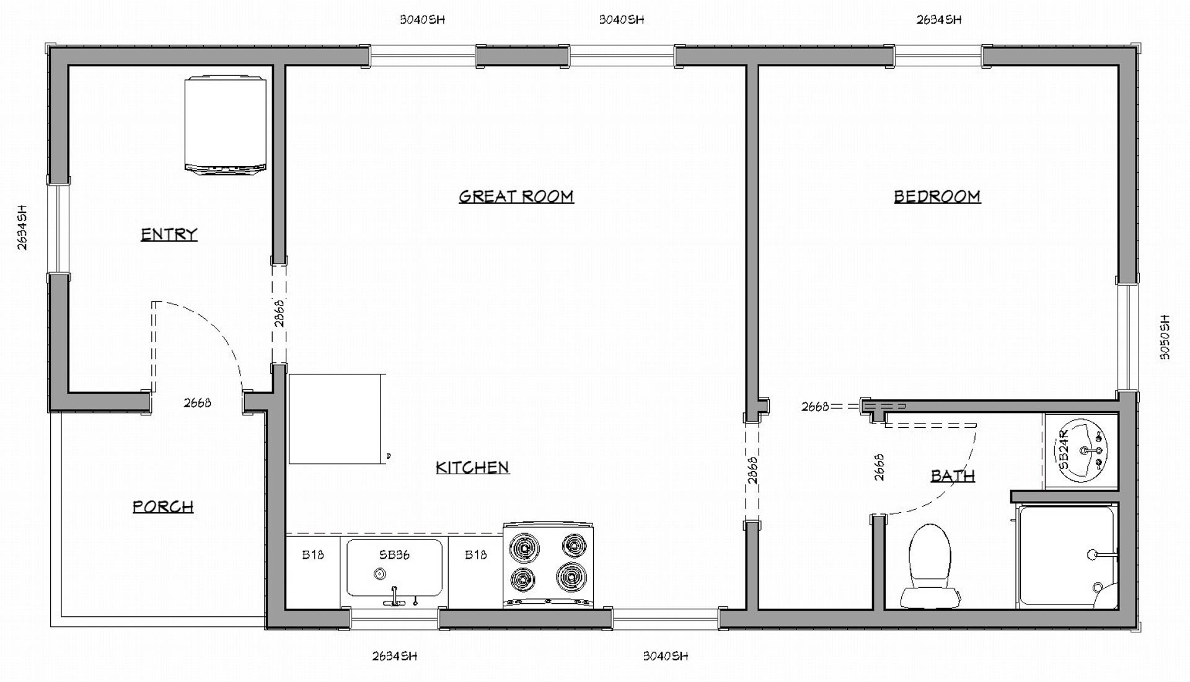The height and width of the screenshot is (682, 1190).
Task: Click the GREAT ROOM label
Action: [516, 197]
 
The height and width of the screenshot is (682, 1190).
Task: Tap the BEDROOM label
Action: [937, 197]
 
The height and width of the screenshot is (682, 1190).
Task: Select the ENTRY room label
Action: [169, 234]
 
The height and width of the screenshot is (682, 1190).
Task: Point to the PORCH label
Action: [163, 507]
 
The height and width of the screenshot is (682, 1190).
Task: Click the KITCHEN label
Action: [472, 467]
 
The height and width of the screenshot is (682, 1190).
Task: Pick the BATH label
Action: [953, 476]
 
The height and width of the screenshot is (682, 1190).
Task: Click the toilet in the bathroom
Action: [930, 566]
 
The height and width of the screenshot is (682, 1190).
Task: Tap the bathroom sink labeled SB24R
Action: [1081, 451]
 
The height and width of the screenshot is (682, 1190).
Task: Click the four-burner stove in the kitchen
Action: [548, 565]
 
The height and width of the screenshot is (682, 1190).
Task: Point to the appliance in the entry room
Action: [226, 125]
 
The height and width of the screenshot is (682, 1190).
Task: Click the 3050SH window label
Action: [1165, 337]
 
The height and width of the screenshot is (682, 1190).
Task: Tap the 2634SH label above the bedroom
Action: [939, 20]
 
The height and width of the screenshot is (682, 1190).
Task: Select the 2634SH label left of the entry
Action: [22, 228]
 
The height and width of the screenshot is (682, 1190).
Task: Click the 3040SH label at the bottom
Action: [666, 656]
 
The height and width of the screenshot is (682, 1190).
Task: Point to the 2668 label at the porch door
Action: [197, 403]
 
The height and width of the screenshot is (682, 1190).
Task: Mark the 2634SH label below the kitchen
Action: [394, 656]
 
